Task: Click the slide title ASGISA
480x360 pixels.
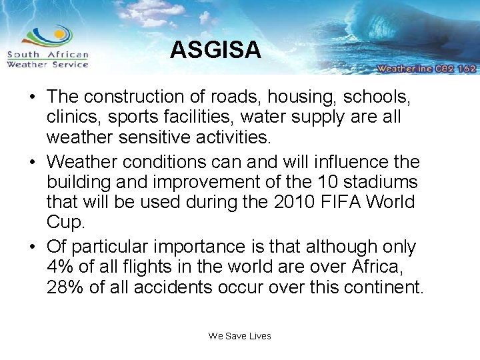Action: tap(215, 50)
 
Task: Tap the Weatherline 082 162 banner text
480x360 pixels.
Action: tap(425, 68)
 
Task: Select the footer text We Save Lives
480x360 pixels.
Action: tap(239, 336)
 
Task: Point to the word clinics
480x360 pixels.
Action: tap(73, 117)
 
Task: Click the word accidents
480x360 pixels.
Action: tap(177, 287)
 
